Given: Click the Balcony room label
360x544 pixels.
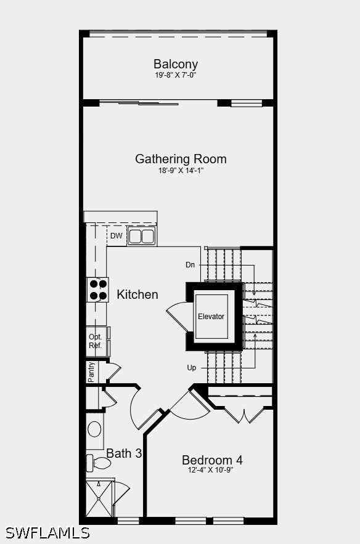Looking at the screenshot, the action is point(176,64).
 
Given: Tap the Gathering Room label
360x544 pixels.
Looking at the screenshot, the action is point(181,159).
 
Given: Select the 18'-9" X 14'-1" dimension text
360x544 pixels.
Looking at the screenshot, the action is point(181,171).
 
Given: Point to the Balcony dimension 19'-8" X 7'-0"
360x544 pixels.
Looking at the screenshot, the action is point(176,75).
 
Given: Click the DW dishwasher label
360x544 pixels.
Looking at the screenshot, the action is point(117,236).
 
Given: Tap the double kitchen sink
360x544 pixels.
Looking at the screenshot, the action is point(141,236).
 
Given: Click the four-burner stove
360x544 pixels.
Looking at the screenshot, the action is point(97,290).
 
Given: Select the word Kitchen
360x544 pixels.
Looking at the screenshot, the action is point(137,294).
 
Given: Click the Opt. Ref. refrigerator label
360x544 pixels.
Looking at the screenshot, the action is point(96,341).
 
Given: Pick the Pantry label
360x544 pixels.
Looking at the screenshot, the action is point(91,372).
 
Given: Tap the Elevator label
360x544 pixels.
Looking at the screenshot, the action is point(211,317).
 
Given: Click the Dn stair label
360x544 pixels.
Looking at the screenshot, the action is point(190,265).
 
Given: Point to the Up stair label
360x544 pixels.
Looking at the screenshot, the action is point(192,368).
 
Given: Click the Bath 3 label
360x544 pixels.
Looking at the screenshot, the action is point(124,453).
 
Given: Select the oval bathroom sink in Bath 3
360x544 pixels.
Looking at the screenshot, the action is point(94,429).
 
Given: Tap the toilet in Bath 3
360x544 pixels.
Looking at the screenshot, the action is point(99,463).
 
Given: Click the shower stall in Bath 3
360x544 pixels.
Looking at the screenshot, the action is point(99,498).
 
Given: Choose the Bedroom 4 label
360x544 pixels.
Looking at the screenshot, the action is point(212,460).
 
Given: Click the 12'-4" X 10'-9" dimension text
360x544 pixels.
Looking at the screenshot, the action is point(211,470).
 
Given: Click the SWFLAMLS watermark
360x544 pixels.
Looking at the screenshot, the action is point(47,533).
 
